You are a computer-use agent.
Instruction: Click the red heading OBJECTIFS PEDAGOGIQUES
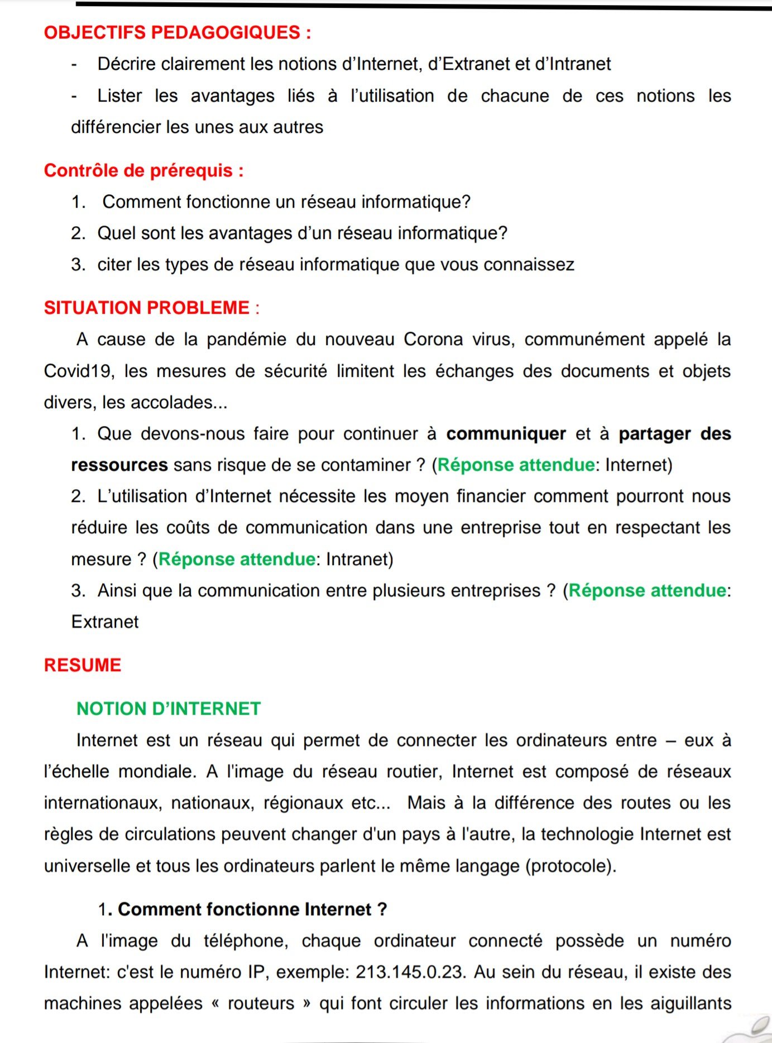[x=177, y=32]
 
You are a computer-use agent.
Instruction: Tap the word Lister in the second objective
[x=119, y=96]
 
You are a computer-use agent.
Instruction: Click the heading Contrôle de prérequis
[x=143, y=170]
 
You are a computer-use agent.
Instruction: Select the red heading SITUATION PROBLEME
[x=151, y=308]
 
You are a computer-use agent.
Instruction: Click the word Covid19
[x=79, y=371]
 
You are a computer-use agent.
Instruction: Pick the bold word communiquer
[x=506, y=434]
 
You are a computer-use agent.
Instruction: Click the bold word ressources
[x=119, y=465]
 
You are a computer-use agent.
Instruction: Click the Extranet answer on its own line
[x=105, y=622]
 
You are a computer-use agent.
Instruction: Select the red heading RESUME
[x=83, y=665]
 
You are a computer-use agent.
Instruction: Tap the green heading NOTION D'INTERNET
[x=169, y=709]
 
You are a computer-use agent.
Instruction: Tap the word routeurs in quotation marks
[x=261, y=1003]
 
